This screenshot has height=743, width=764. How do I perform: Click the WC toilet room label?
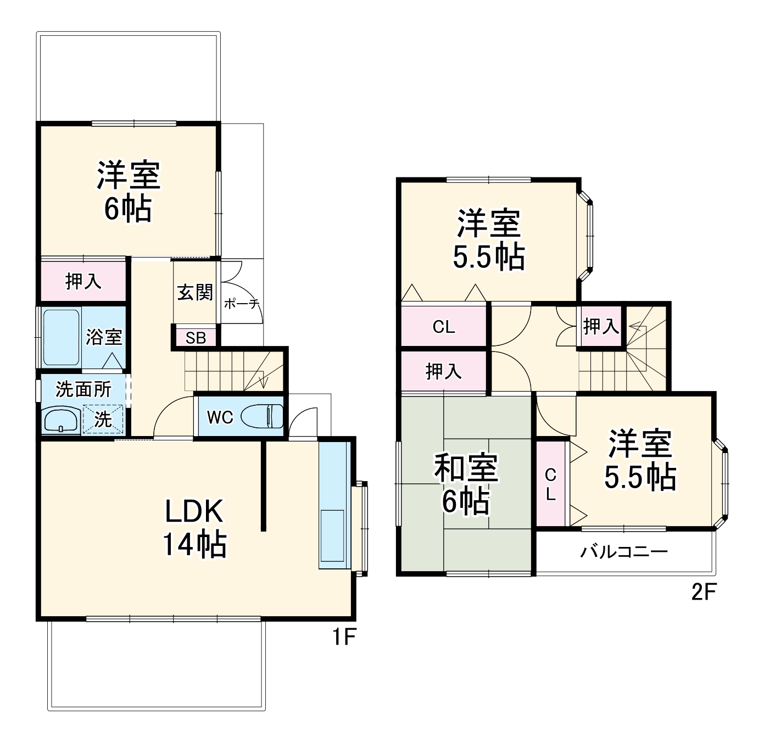(220, 417)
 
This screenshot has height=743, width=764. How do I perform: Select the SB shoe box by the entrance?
(196, 338)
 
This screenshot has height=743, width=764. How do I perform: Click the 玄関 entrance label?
(195, 292)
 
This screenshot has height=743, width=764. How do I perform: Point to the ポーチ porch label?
(242, 304)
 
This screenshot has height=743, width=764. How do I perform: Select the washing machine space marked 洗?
(103, 420)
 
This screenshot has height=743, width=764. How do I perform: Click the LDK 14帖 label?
(194, 528)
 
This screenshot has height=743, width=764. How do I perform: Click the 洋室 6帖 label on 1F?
(129, 191)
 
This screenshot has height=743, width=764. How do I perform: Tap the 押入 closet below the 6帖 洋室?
(83, 282)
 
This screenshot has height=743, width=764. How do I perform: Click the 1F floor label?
(344, 638)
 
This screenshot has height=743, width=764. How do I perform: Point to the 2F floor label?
(704, 593)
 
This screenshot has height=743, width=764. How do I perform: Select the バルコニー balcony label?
(624, 551)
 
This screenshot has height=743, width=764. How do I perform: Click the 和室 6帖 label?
(466, 484)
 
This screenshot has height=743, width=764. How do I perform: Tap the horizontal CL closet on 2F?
(444, 327)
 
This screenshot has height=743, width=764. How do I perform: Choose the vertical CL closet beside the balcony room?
(550, 484)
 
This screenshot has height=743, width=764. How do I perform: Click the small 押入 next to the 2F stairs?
(601, 327)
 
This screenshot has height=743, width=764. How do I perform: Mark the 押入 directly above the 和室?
(444, 372)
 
